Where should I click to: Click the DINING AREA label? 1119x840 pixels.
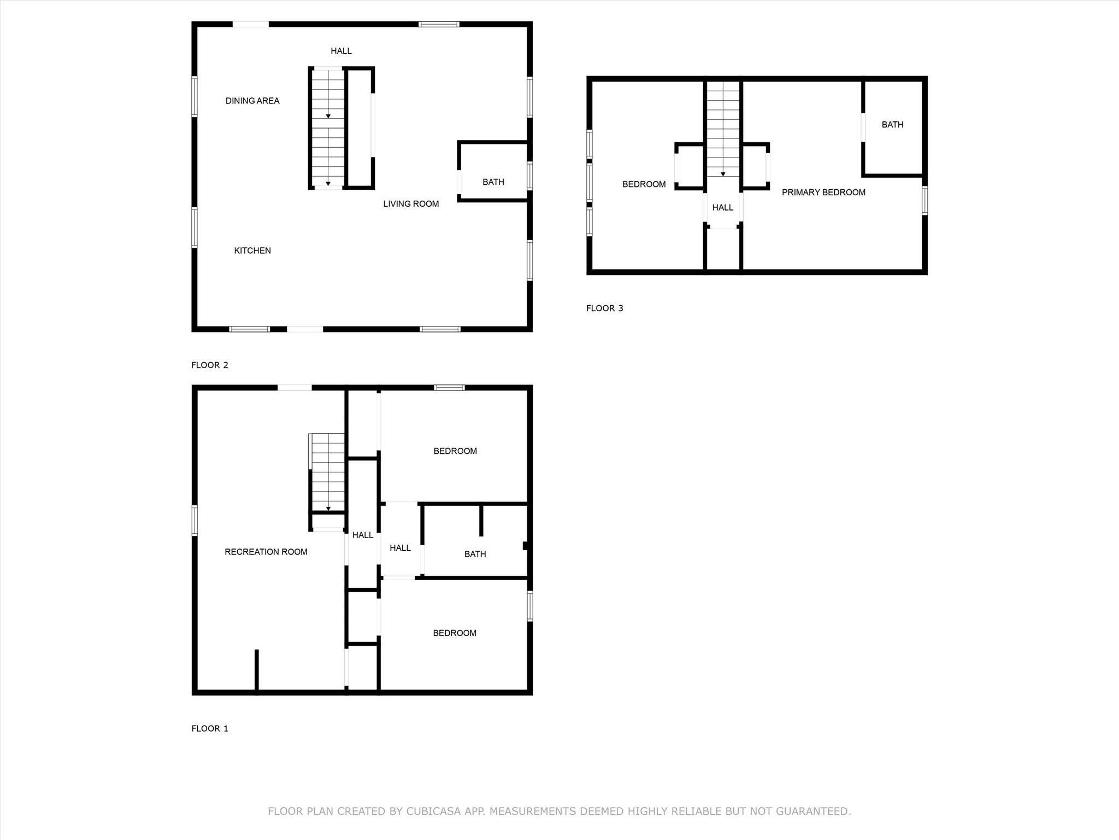[252, 101]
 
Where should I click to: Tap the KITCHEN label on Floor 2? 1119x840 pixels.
[252, 250]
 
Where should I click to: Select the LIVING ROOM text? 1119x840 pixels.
[411, 204]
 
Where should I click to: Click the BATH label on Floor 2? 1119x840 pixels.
[493, 182]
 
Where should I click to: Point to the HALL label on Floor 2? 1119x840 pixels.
[341, 51]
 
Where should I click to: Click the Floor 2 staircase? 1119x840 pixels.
[328, 129]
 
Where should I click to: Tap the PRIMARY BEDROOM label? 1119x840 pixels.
[823, 192]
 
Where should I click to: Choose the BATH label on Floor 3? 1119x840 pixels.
[892, 125]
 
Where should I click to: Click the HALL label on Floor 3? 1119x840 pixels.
[722, 208]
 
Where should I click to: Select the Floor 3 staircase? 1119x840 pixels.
[723, 129]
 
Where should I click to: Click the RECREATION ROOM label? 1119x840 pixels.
[266, 552]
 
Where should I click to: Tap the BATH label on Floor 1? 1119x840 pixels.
[475, 554]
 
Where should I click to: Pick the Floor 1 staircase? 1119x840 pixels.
[328, 473]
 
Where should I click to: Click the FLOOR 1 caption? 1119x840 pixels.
[210, 728]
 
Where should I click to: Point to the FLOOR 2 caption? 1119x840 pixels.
[210, 365]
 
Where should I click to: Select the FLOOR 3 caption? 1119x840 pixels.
[604, 308]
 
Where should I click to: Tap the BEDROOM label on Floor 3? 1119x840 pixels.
[644, 184]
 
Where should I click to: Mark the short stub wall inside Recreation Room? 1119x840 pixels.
[257, 669]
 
